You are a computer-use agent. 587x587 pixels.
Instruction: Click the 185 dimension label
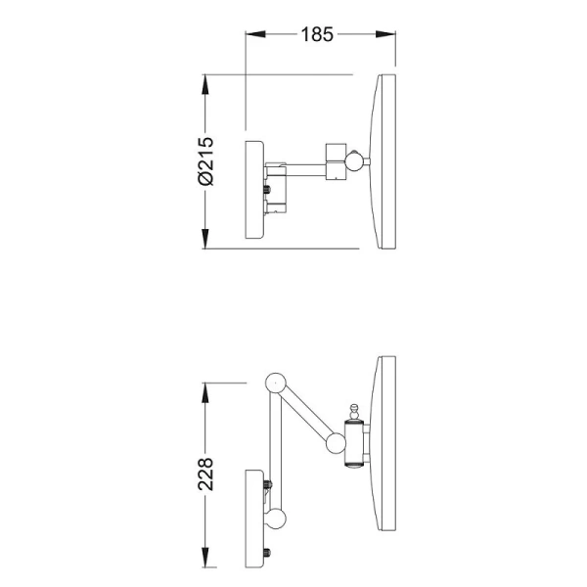(317, 34)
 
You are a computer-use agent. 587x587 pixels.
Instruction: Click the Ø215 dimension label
(205, 161)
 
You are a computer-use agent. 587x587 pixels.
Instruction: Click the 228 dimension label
(205, 474)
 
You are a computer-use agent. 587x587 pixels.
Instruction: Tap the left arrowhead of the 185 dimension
(255, 34)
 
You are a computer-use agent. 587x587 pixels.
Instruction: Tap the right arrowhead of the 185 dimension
(385, 34)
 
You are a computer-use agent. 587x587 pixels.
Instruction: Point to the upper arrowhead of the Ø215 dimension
(204, 85)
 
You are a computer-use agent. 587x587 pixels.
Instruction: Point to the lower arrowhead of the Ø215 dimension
(204, 239)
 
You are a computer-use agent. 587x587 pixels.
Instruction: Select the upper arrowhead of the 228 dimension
(204, 392)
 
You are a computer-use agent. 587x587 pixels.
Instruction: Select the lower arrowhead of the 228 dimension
(204, 558)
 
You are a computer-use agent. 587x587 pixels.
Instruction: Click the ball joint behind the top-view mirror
(354, 161)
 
